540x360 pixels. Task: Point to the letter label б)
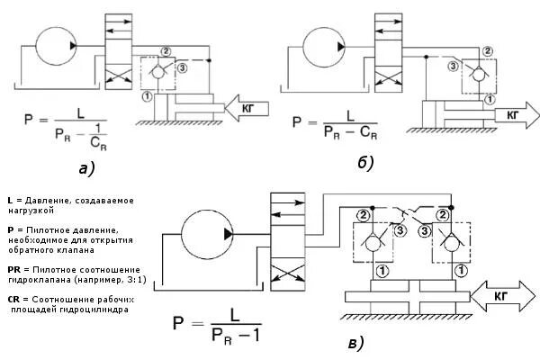click(364, 163)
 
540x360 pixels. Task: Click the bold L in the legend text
click(9, 199)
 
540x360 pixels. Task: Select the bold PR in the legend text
click(12, 269)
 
